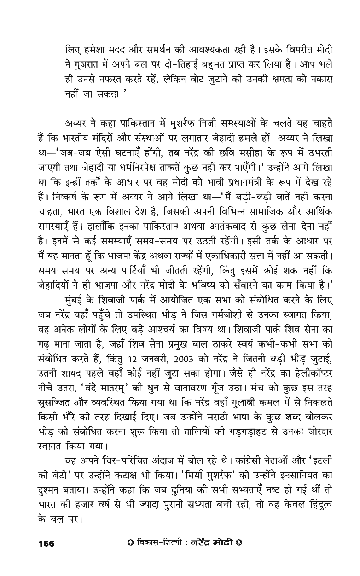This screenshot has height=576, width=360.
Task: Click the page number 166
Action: tap(46, 543)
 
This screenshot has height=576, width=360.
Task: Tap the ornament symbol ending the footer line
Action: tap(239, 543)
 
